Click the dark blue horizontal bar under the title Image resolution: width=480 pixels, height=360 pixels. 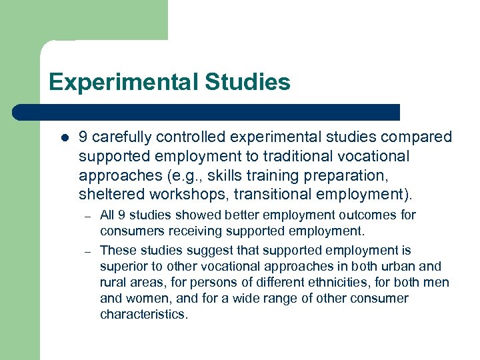207,112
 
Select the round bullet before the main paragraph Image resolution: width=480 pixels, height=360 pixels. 64,139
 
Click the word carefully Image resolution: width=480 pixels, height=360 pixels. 123,137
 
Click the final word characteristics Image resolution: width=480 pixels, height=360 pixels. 144,315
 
